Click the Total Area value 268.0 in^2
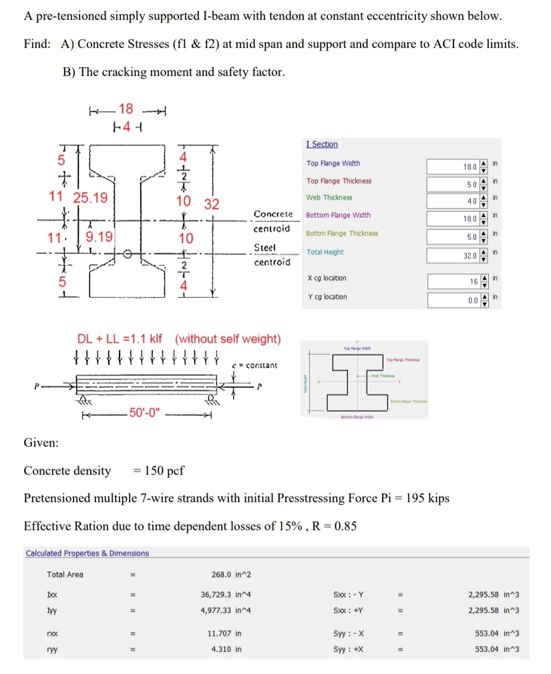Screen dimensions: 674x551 (231, 574)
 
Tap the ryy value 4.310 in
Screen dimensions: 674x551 (226, 649)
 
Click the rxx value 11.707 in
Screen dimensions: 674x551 (226, 632)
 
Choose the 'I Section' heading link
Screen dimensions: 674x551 (322, 144)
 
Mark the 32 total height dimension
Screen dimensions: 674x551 (212, 204)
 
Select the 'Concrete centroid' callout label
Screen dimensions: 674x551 (272, 221)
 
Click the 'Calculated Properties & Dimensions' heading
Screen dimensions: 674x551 (87, 553)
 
